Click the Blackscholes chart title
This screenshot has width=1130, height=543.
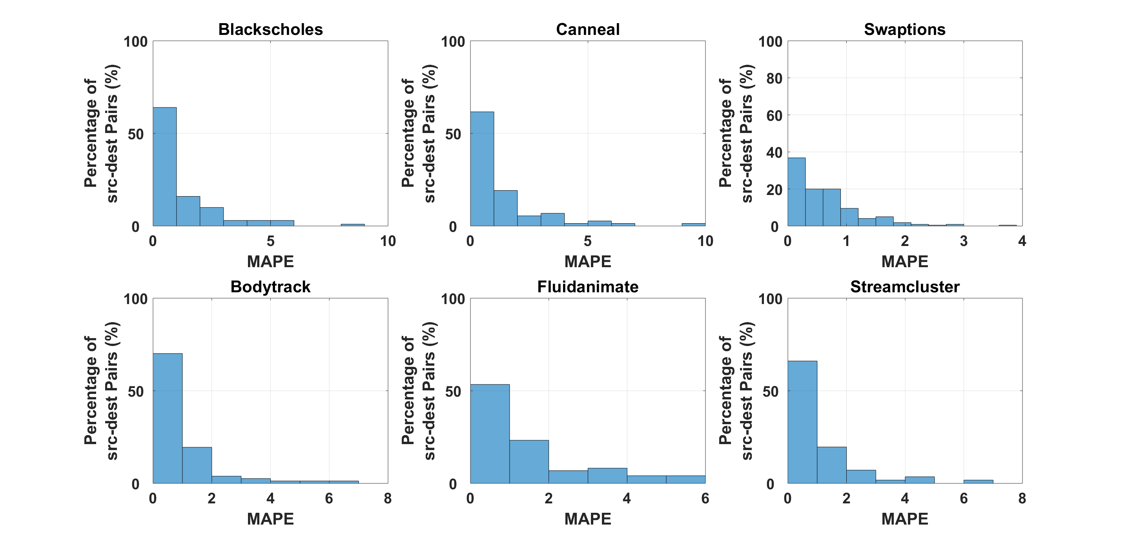271,29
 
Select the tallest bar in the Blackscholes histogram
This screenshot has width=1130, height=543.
164,167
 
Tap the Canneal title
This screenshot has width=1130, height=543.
588,29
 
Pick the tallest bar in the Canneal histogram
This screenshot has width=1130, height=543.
482,169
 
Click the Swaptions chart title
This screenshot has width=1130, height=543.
904,29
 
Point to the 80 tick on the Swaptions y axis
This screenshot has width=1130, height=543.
774,78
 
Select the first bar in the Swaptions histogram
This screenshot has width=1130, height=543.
796,192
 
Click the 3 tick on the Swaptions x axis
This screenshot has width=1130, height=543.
963,241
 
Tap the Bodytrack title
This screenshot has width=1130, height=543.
270,287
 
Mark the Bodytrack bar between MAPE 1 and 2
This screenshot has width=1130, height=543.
197,465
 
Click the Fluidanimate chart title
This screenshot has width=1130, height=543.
588,287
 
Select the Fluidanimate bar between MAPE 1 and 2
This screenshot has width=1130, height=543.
529,462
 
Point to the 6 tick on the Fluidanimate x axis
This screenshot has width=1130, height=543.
705,498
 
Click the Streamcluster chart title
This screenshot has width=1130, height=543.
904,287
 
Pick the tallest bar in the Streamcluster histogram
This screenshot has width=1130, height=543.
802,422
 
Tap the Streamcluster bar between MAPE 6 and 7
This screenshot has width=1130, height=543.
978,481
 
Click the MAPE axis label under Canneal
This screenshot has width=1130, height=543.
588,261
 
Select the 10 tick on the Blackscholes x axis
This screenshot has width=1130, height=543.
388,241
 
